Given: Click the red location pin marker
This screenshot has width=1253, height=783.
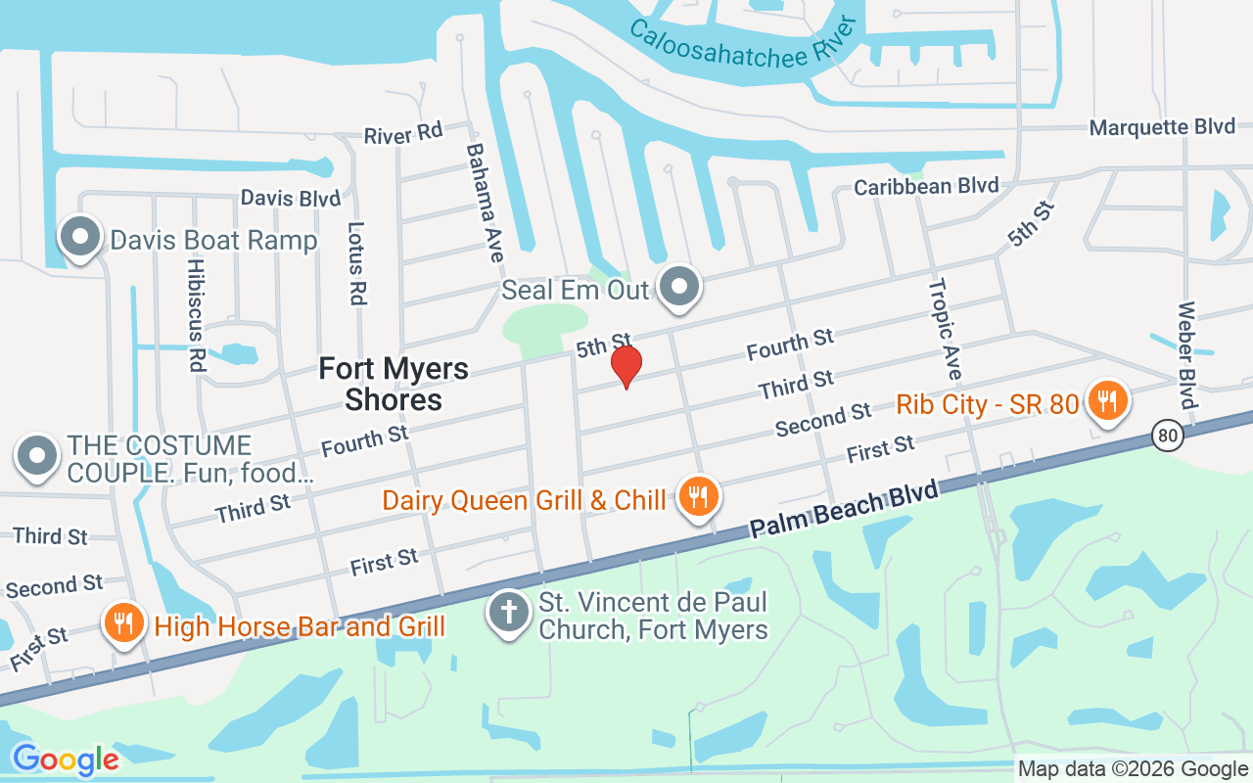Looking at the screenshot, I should pyautogui.click(x=626, y=366).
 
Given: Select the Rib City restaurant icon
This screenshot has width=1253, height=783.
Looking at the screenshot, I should pyautogui.click(x=1106, y=400).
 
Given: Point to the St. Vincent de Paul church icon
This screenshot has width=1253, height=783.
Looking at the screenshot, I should pyautogui.click(x=509, y=613).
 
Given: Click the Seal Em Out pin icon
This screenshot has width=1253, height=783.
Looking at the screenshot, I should pyautogui.click(x=677, y=288).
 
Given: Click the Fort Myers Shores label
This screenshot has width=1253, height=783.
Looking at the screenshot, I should pyautogui.click(x=394, y=384).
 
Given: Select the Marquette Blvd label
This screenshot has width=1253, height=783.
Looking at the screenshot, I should pyautogui.click(x=1163, y=127).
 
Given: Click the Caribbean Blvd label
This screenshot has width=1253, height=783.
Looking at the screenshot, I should pyautogui.click(x=926, y=186).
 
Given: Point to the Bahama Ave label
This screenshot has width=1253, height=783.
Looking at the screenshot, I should pyautogui.click(x=485, y=203).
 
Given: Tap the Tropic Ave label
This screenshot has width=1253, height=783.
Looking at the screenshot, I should pyautogui.click(x=945, y=329).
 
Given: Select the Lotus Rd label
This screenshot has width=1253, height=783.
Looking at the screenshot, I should pyautogui.click(x=356, y=262).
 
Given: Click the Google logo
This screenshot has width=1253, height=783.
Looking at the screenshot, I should pyautogui.click(x=66, y=760).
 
